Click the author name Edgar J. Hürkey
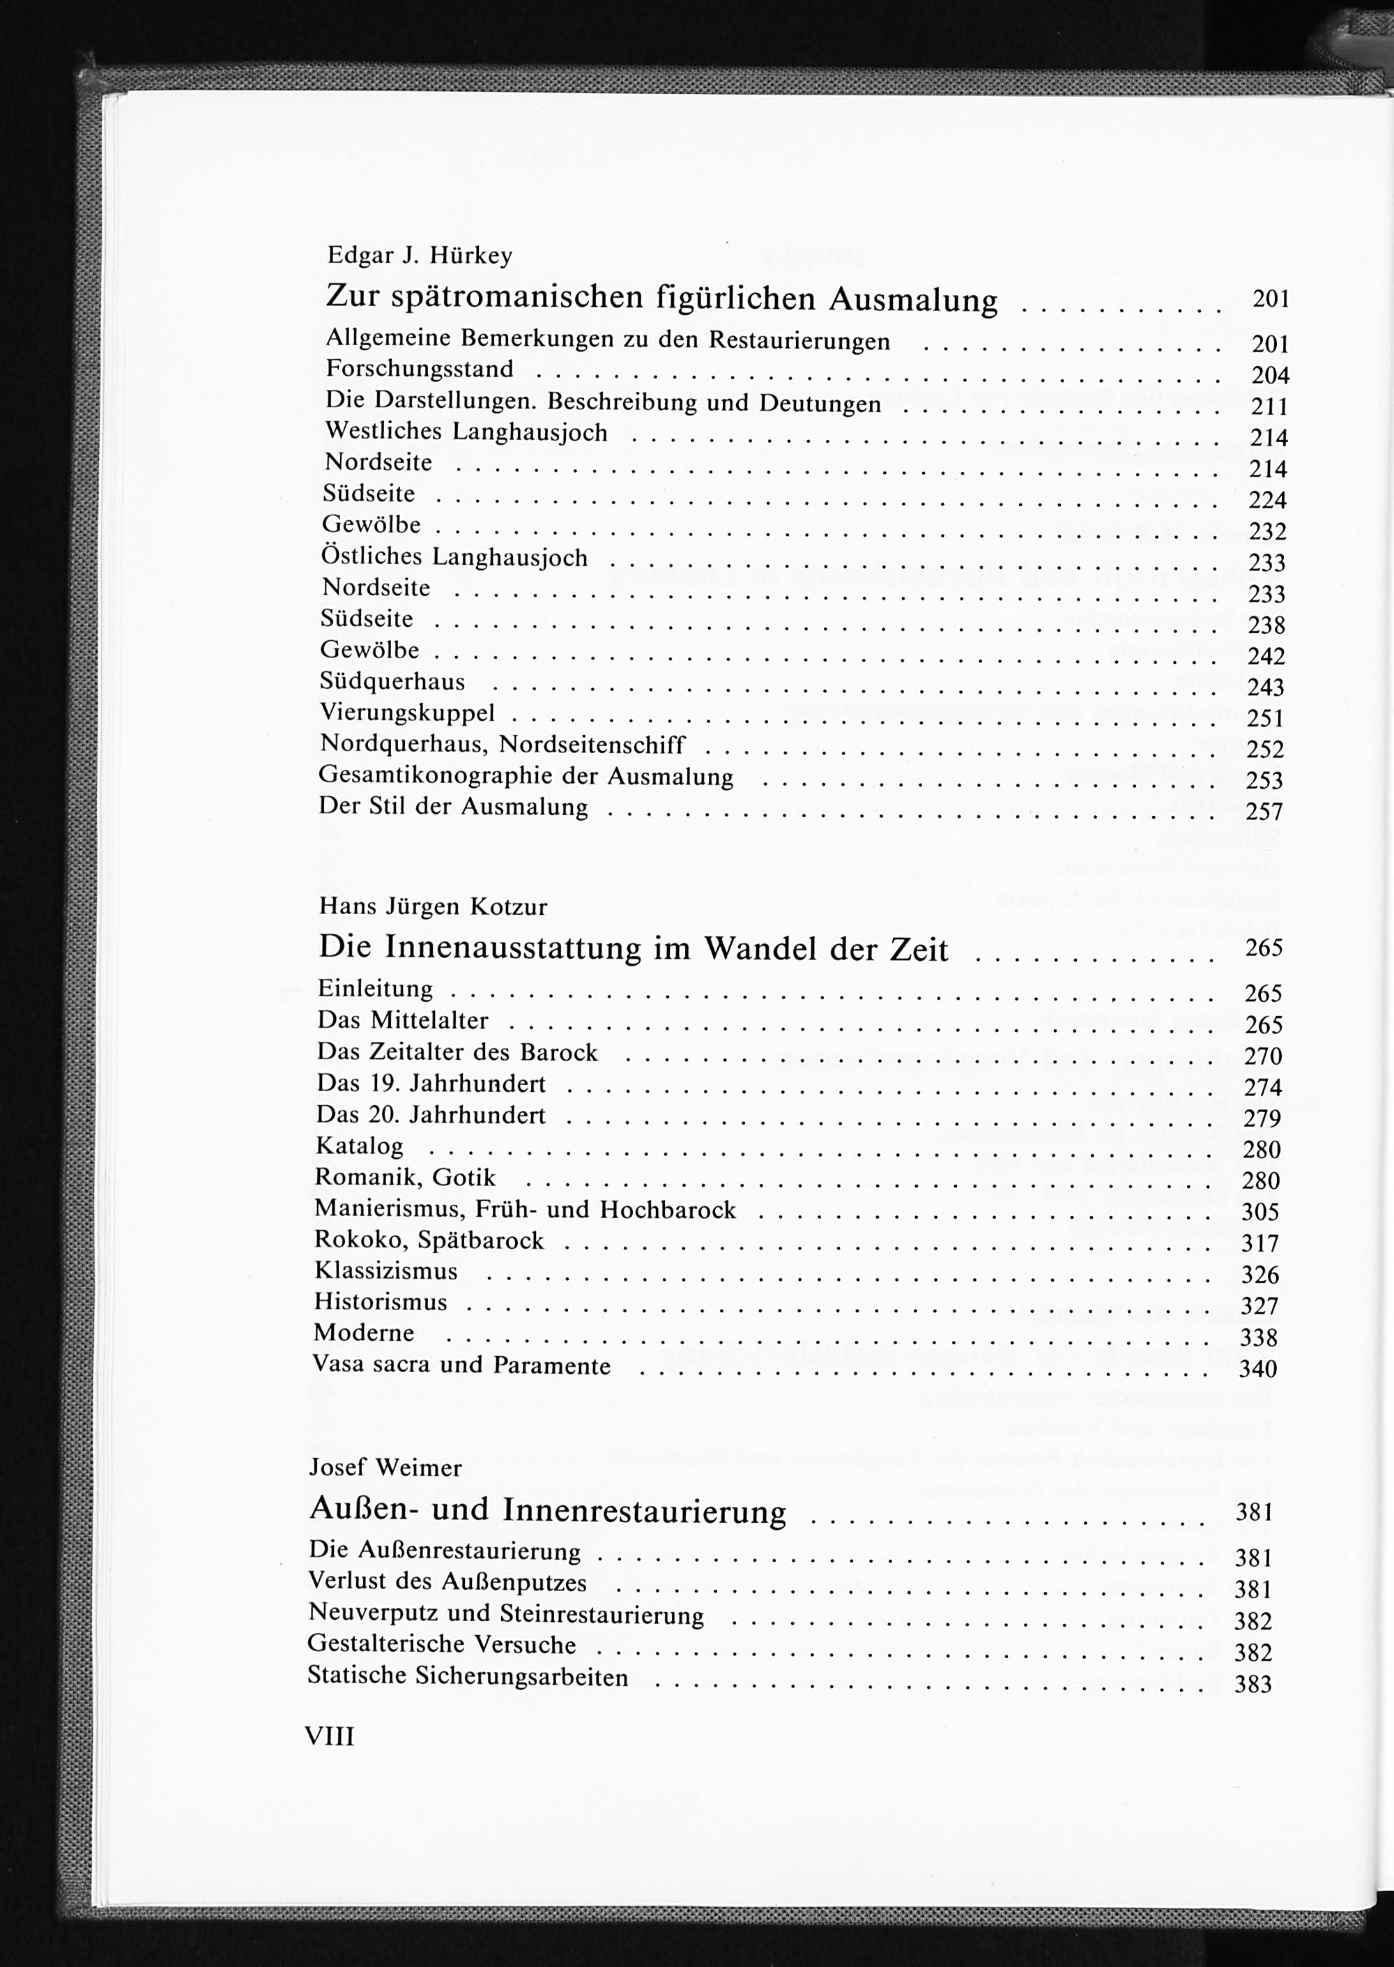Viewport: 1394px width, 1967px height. tap(420, 256)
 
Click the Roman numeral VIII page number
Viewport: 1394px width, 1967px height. tap(330, 1737)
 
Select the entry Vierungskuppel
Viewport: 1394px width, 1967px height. tap(408, 713)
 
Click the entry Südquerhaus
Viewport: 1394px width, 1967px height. tap(393, 682)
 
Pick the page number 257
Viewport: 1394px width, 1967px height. tap(1264, 812)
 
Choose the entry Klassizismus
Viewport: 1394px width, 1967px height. tap(386, 1270)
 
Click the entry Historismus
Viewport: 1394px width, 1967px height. tap(381, 1302)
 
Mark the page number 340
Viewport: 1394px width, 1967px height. tap(1258, 1369)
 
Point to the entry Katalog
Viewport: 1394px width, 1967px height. tap(360, 1146)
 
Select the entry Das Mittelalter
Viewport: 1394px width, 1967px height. tap(403, 1021)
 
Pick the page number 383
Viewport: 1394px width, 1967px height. tap(1253, 1684)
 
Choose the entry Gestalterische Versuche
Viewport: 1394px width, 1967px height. tap(442, 1645)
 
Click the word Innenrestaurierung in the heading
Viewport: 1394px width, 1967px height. tap(644, 1512)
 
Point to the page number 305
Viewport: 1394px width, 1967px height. tap(1260, 1213)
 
